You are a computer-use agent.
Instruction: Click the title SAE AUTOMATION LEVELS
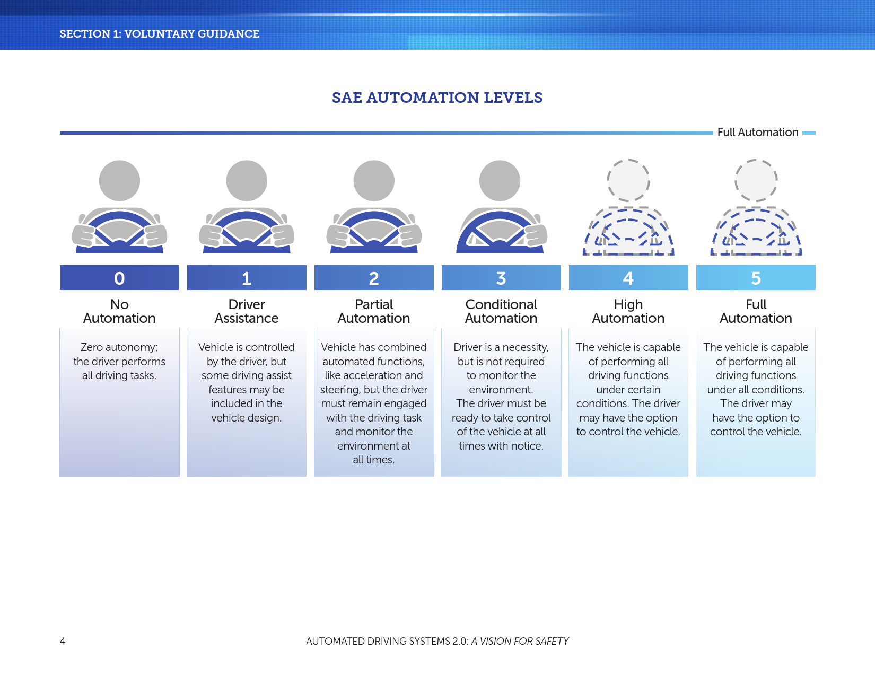437,98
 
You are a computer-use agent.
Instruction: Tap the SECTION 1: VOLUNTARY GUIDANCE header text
160,34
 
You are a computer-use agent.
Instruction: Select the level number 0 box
120,277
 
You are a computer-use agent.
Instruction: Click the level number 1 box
247,277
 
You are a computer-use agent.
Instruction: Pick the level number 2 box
374,277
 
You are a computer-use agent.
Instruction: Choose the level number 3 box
501,277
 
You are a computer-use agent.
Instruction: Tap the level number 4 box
628,277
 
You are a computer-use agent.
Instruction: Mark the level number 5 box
756,277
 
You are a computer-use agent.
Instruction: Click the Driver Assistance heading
247,311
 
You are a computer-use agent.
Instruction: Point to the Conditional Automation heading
501,311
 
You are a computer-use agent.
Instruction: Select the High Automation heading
628,311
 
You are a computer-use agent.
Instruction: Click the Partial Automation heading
374,311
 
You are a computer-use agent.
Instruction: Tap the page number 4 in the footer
63,641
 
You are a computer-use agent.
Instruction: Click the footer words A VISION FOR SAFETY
520,641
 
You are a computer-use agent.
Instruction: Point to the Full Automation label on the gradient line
758,133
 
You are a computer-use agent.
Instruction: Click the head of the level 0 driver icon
120,181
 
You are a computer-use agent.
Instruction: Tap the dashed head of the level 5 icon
756,180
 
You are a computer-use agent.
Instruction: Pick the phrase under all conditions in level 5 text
755,390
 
